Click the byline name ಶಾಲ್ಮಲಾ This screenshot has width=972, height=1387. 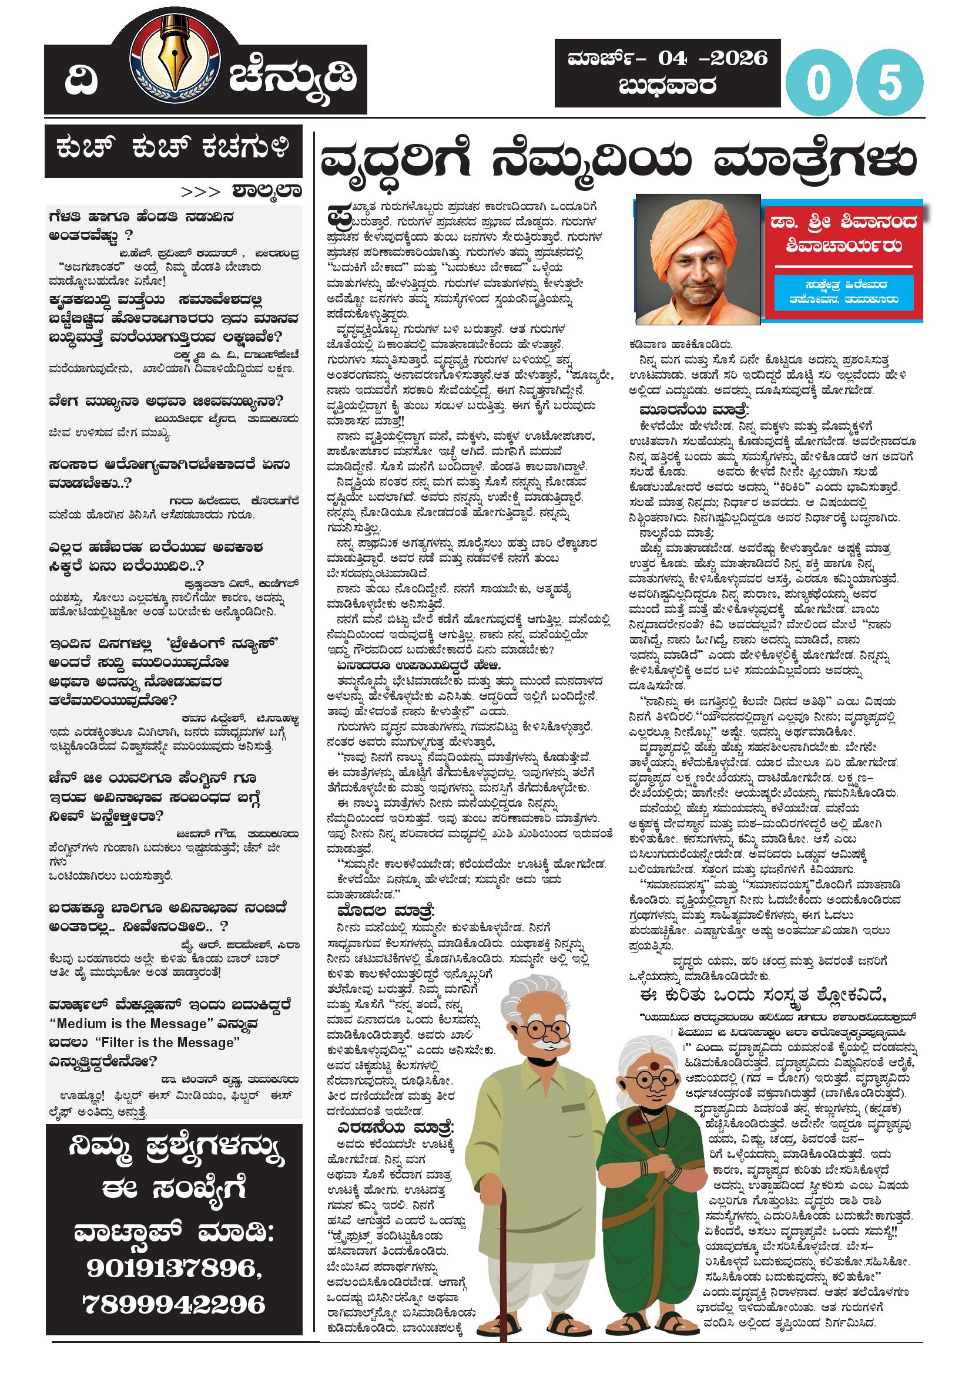(x=266, y=191)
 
